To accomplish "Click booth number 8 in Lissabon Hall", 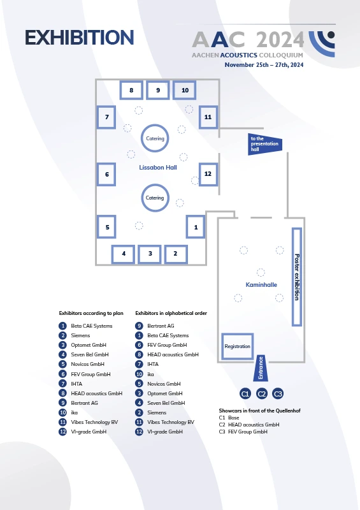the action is [131, 90].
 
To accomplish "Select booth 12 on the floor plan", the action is [208, 174].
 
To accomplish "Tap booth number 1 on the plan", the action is [196, 227].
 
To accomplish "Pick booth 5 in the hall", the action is [106, 227].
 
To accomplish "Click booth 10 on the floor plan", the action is [184, 90].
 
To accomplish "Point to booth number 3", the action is [150, 254].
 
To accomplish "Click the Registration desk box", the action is [238, 346].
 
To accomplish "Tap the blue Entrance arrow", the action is [261, 368].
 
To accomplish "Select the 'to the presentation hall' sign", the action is [264, 144].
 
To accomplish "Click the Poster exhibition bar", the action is [296, 277].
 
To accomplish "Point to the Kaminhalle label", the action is [261, 284].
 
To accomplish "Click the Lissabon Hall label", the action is [158, 168].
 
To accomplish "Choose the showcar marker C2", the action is [262, 393].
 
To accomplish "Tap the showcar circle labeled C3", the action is [278, 393].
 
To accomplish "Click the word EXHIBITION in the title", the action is [80, 38].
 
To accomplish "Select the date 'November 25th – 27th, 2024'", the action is [264, 65].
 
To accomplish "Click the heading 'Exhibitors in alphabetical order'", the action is [171, 313].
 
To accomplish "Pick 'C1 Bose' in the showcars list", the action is [229, 418].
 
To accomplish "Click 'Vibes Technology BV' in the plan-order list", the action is [94, 422].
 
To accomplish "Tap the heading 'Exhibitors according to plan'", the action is [91, 313].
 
